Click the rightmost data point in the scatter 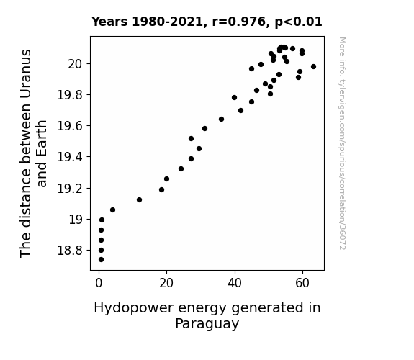point(313,66)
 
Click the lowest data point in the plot point(101,260)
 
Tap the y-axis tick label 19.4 point(70,157)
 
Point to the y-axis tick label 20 point(76,64)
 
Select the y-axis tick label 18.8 point(70,250)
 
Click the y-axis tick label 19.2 point(70,189)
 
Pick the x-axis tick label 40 point(235,283)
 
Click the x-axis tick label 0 point(99,283)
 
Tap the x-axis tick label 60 point(302,283)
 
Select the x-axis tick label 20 point(166,283)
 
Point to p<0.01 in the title point(298,22)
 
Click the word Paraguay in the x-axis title point(207,324)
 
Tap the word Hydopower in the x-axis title point(134,308)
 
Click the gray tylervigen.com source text point(342,143)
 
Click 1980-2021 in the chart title point(167,22)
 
